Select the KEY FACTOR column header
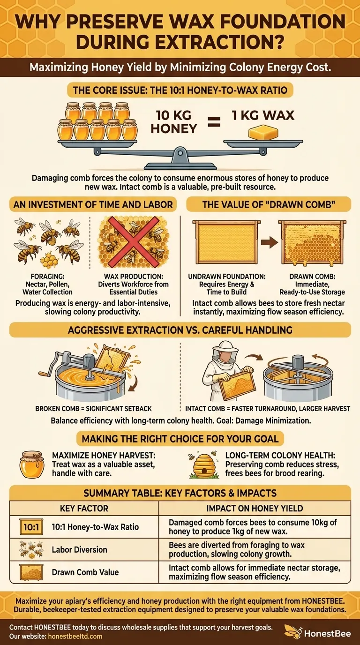point(84,509)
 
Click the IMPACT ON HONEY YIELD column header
point(255,509)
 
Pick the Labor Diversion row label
point(79,549)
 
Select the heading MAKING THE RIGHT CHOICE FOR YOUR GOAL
point(180,439)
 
